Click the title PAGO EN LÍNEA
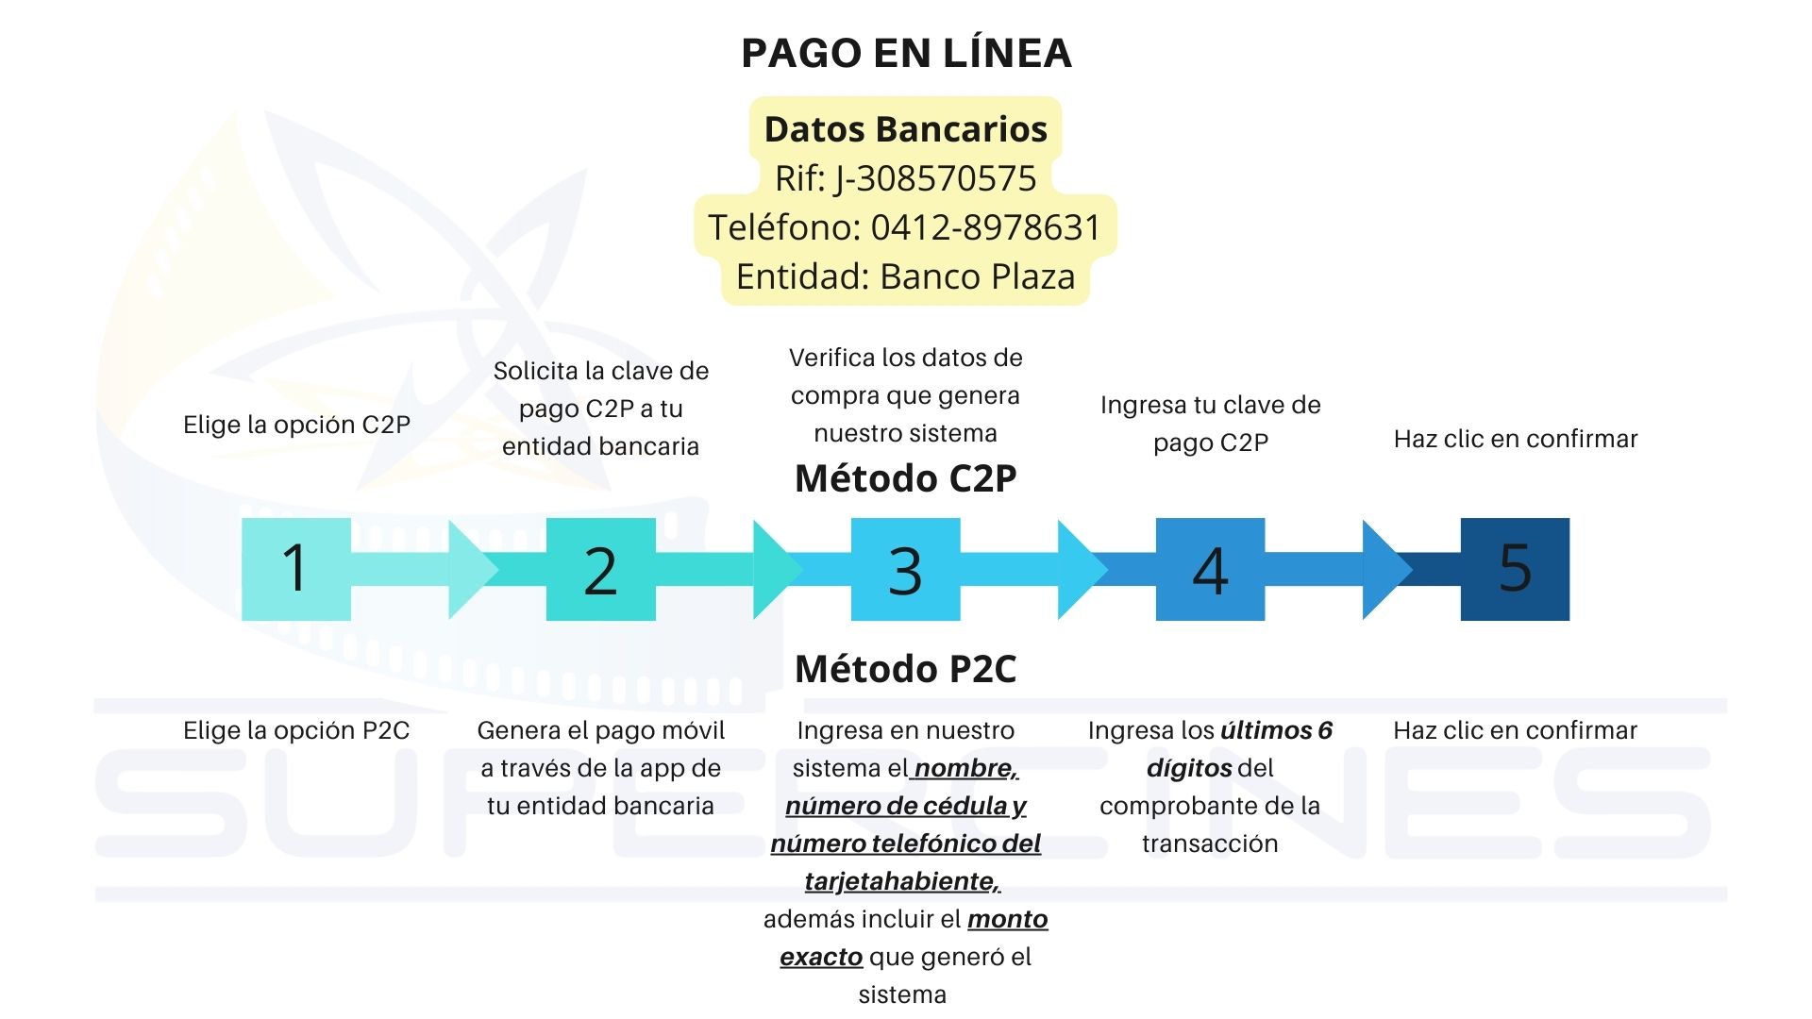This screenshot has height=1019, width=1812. pos(906,53)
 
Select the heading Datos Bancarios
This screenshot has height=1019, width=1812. pos(906,129)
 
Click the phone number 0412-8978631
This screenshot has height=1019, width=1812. pos(985,227)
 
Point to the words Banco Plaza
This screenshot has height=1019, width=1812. pos(978,276)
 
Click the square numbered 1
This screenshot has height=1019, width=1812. pos(296,569)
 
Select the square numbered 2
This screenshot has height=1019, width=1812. pos(601,569)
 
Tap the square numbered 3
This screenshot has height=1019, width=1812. pos(906,569)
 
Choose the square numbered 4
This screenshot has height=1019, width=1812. pos(1211,569)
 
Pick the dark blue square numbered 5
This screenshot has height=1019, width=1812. pos(1516,569)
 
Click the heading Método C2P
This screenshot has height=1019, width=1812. pos(906,478)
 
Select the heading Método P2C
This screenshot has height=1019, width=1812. pos(906,669)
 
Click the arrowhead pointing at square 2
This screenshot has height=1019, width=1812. pos(473,569)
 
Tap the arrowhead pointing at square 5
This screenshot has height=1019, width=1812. pos(1387,569)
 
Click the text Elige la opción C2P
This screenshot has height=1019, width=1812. pos(297,425)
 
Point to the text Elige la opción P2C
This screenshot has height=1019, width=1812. pos(296,730)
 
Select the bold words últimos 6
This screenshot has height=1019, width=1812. pos(1277,730)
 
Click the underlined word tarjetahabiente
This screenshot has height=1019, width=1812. pos(902,881)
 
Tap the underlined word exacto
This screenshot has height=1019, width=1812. pos(821,957)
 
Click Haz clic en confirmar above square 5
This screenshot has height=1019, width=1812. pos(1516,439)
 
